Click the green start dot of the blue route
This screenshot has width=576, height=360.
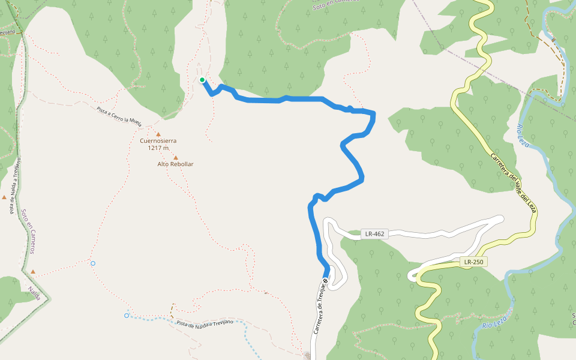tap(202, 80)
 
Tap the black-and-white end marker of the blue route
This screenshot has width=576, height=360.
tap(325, 280)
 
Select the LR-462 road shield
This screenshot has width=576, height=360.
tap(374, 234)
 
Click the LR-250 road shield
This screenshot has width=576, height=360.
tap(473, 262)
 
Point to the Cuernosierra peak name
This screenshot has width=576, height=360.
tap(158, 141)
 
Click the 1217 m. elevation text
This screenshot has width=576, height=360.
tap(159, 148)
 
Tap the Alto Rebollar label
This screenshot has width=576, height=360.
tap(175, 164)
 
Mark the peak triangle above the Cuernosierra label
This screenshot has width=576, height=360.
tap(158, 134)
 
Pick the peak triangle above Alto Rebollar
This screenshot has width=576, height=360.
tap(175, 157)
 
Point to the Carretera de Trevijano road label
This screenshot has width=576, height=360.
tap(319, 310)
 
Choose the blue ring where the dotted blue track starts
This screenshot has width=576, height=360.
tap(127, 315)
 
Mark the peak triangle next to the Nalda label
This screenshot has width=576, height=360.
tap(33, 271)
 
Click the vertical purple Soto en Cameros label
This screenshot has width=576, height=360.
tap(28, 231)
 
